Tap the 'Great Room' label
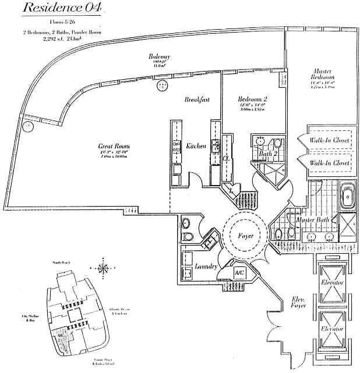tap(114, 146)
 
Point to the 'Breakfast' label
tap(197, 100)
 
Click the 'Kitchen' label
tap(195, 146)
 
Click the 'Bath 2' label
tap(268, 154)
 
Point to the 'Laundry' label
tap(207, 267)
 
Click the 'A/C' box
tap(239, 272)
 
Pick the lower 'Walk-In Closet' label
tap(330, 164)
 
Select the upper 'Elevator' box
tap(332, 283)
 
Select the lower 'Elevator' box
tap(332, 329)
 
